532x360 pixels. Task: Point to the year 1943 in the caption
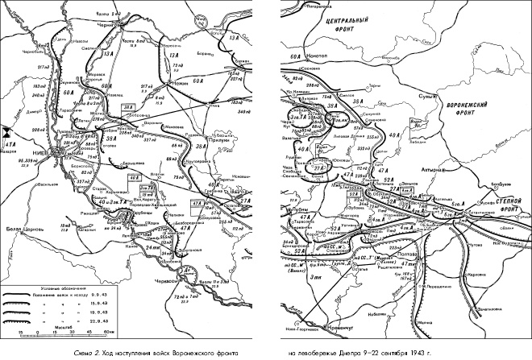pos(428,351)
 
